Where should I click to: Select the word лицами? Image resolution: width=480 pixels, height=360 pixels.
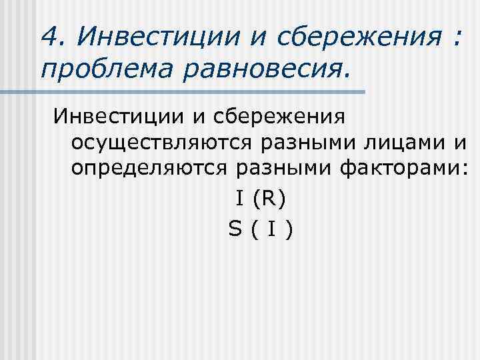[397, 143]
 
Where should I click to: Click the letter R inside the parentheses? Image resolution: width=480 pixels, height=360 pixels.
[266, 199]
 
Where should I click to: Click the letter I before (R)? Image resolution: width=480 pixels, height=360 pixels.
[238, 199]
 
